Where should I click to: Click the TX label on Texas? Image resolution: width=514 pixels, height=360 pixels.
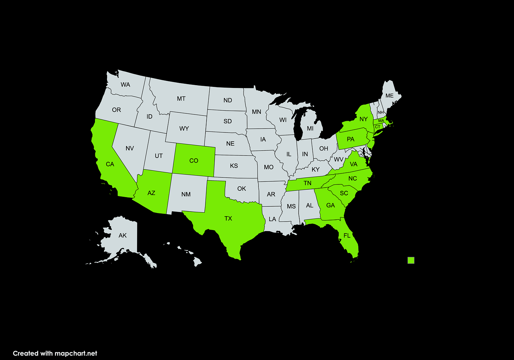point(228,218)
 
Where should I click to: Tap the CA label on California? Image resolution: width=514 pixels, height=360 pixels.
point(110,164)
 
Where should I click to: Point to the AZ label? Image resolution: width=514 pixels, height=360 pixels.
point(151,193)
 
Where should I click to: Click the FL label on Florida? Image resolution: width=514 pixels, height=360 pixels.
point(347,235)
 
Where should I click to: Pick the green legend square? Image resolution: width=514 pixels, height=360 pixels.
point(411,260)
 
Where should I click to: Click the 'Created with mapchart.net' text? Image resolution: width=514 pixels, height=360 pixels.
point(55,353)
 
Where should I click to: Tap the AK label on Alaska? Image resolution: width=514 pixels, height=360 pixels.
point(122,235)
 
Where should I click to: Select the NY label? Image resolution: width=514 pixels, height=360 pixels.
point(364,119)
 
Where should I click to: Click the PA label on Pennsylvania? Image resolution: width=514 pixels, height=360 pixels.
point(350,139)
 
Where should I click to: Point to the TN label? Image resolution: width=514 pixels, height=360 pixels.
point(307,183)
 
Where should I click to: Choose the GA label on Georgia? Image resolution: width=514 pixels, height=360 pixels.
point(330,205)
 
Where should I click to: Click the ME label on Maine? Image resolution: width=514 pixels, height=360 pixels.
point(389,96)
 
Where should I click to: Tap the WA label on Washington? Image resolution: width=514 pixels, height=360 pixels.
point(125,84)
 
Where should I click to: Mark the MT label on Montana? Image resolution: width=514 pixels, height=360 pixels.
point(181,99)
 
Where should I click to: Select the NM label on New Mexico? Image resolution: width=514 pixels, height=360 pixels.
point(186,194)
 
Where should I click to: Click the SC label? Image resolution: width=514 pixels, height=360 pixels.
point(344,193)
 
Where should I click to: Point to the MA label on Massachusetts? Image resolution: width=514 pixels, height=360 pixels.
point(381,121)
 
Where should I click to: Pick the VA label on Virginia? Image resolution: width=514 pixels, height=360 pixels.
point(354,164)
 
